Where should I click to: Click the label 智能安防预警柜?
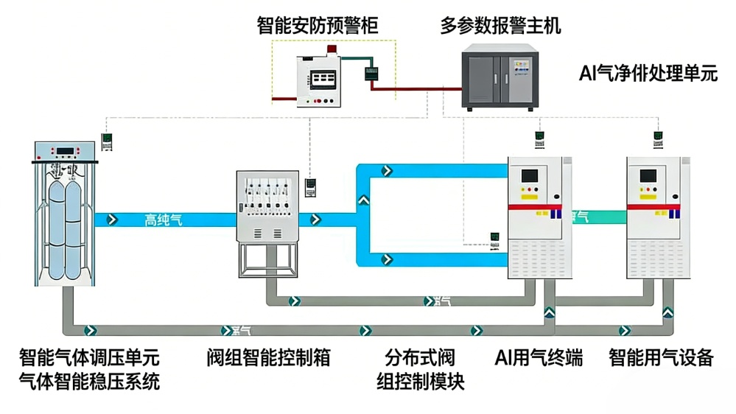(x=318, y=27)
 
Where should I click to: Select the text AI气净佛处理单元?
(x=648, y=74)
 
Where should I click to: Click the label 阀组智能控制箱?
(x=268, y=359)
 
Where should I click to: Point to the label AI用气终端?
(x=539, y=359)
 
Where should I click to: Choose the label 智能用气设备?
(x=661, y=359)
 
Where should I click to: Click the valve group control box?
(x=267, y=206)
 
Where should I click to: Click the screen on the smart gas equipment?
(x=648, y=176)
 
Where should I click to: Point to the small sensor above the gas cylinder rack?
(x=108, y=140)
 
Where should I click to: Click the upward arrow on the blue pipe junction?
(x=362, y=199)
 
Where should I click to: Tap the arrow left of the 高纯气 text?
(x=112, y=219)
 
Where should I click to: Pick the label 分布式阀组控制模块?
(x=421, y=371)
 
